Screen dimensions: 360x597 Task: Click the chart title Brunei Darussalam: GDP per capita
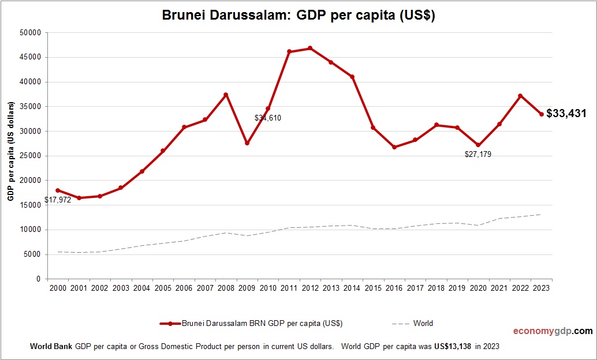[298, 16]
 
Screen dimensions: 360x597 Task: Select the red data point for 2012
[310, 48]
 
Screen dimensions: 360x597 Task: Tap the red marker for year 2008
[226, 95]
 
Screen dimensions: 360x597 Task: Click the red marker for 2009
[247, 143]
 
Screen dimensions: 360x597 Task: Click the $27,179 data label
[478, 155]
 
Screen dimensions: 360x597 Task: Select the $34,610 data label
[268, 118]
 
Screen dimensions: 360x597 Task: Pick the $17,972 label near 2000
[58, 200]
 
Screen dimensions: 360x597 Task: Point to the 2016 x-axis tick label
[394, 288]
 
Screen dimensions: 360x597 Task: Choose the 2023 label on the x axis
[542, 288]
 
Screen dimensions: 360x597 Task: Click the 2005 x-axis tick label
[163, 288]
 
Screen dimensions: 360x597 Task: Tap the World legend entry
[423, 324]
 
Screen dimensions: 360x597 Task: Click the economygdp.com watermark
[553, 331]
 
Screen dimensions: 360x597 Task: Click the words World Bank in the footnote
[51, 347]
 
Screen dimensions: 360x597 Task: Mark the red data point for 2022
[520, 96]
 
